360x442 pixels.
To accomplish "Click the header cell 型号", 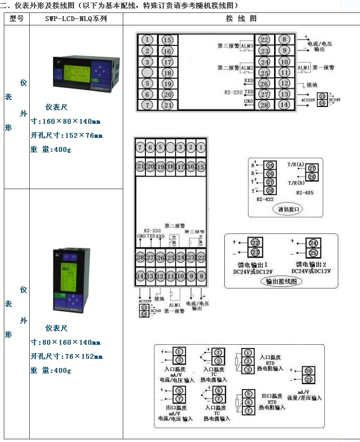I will click(17, 18).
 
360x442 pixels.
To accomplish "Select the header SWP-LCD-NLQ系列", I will click(76, 18).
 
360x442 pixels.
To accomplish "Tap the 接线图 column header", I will click(241, 18).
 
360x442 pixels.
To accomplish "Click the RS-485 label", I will click(305, 192).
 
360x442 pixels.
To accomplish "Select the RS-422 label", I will click(266, 199).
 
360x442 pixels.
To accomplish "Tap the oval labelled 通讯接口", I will click(289, 209).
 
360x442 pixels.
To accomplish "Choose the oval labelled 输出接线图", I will click(281, 281).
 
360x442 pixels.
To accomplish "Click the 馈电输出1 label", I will click(252, 265).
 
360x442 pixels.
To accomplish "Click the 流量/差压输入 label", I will click(306, 397).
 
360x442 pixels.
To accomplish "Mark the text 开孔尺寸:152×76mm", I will click(65, 135).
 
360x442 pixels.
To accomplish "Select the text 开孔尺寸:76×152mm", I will click(65, 356).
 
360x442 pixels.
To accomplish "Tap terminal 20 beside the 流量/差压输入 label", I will click(308, 371).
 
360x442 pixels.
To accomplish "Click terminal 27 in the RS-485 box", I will click(312, 169).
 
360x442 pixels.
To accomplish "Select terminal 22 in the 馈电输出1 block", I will click(256, 243).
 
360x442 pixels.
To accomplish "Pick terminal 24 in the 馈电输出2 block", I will click(313, 243).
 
